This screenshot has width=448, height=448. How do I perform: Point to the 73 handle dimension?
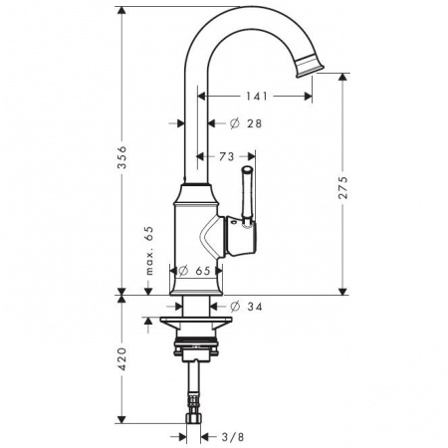(226, 158)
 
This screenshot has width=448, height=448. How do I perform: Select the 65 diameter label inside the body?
(202, 270)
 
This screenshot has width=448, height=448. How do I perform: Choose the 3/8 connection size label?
(231, 434)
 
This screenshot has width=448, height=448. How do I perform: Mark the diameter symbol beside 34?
(236, 306)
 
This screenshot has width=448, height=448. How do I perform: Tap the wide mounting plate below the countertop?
(197, 321)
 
